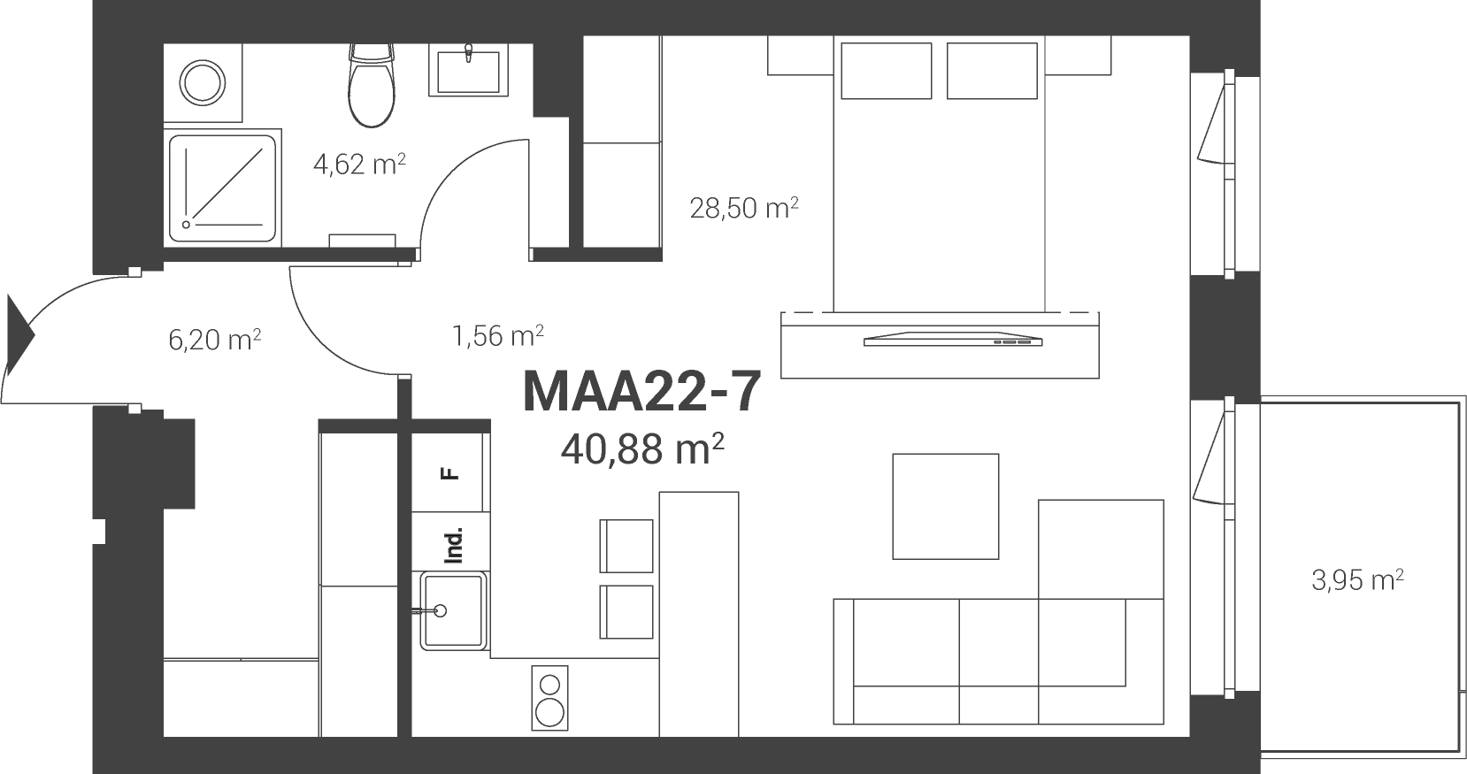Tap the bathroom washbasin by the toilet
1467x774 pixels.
468,70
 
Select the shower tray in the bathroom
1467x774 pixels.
222,188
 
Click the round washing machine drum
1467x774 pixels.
203,82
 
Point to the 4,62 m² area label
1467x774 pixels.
359,164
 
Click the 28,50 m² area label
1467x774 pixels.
744,208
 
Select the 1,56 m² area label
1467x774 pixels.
498,336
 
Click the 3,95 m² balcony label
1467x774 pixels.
1357,580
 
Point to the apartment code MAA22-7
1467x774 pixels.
641,392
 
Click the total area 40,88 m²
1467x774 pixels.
641,450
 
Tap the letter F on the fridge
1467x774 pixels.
450,472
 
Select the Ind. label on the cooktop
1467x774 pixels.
453,545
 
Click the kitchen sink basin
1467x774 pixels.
453,610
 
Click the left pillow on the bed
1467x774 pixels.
886,71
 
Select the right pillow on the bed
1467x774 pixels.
992,71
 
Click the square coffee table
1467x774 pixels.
946,507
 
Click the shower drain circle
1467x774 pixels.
186,225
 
